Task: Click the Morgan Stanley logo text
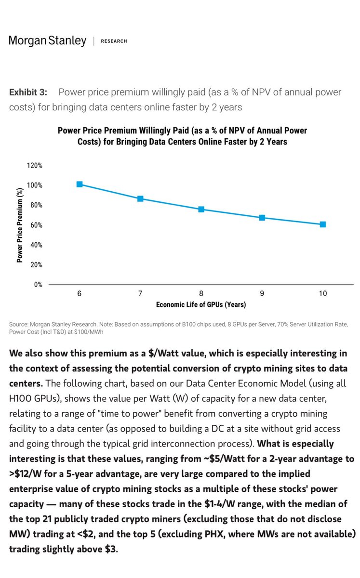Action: click(48, 41)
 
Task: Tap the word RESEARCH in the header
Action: click(114, 41)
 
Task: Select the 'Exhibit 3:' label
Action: click(28, 92)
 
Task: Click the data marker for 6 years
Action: click(79, 184)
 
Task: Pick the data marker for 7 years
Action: click(140, 198)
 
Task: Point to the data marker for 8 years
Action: click(201, 209)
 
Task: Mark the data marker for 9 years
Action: click(262, 218)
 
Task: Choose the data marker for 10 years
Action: click(323, 224)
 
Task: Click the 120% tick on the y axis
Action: click(35, 165)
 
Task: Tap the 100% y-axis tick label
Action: click(35, 185)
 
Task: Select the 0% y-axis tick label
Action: click(38, 285)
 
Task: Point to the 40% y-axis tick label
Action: click(36, 245)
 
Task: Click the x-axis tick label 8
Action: click(201, 294)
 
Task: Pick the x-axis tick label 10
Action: click(323, 294)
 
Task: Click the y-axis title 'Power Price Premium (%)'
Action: click(20, 225)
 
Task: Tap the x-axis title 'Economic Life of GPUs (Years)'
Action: click(200, 305)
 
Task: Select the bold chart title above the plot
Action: click(182, 135)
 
